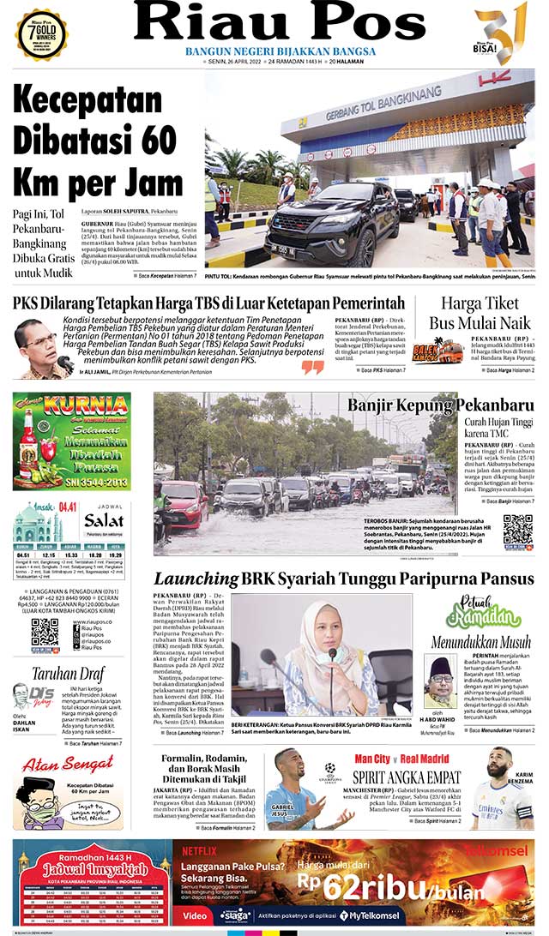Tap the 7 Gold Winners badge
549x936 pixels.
(x=41, y=33)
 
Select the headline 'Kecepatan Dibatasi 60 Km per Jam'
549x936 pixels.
(x=99, y=141)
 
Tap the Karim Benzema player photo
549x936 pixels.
(x=502, y=789)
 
